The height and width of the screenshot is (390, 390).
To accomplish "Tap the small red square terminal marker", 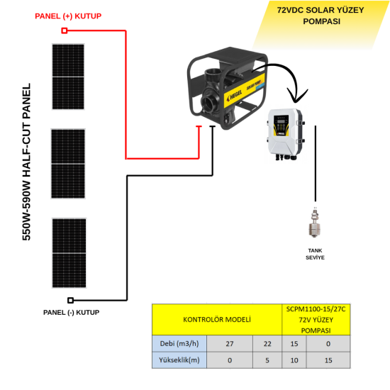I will coord(65,30).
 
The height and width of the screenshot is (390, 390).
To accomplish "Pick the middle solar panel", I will coord(68,164).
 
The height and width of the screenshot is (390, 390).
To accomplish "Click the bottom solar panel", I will coord(68,252).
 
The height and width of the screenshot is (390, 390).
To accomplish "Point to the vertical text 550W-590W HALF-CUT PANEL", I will coord(27,162).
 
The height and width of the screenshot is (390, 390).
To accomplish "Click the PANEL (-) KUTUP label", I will coord(71,312).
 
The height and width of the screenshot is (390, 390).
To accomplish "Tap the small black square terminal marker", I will coord(69,300).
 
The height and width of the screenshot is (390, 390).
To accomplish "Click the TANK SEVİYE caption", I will coord(315,254).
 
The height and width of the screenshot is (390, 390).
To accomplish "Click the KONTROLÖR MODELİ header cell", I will coord(217,320).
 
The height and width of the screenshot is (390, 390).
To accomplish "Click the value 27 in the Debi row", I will coord(229,343).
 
